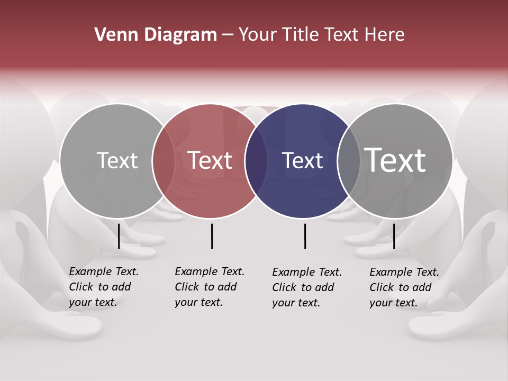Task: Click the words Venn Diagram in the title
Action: tap(155, 35)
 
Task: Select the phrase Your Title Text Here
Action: tap(321, 35)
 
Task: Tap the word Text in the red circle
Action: tap(210, 160)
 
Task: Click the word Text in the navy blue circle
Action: tap(302, 160)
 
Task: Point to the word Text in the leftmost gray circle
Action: tap(117, 160)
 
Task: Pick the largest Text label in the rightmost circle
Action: tap(395, 160)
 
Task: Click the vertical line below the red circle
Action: tap(212, 236)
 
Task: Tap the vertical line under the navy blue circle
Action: tap(305, 236)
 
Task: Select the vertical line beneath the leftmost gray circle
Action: tap(119, 236)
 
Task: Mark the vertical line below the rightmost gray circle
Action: tap(394, 236)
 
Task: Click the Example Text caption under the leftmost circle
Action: tap(103, 287)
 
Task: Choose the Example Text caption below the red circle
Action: tap(209, 287)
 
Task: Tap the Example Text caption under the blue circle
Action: tap(306, 287)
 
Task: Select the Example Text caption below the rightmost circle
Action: tap(404, 287)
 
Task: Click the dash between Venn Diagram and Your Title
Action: tap(228, 35)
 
